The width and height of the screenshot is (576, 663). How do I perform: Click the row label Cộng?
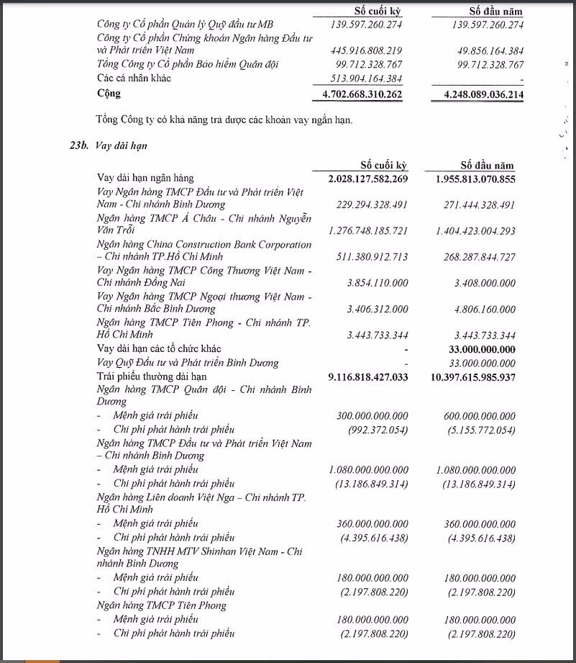click(x=109, y=94)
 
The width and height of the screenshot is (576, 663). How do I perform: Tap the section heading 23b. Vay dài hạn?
click(x=104, y=145)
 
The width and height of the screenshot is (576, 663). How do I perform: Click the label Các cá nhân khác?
click(x=134, y=78)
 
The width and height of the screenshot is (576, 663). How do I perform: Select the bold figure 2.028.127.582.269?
click(x=362, y=179)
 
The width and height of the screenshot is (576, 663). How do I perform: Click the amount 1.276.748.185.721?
click(x=362, y=230)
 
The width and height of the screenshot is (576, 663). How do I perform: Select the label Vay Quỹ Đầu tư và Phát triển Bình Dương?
click(x=188, y=363)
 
